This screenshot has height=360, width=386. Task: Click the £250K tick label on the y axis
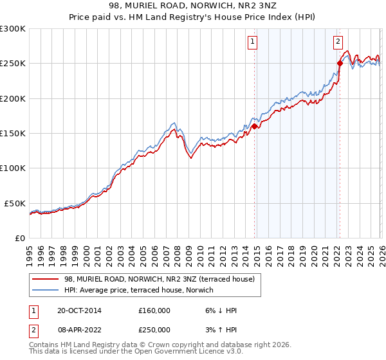point(13,64)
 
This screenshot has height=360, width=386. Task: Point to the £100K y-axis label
point(13,168)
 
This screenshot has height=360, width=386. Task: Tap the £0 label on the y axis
point(20,238)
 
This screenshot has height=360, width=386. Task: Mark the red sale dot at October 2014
point(254,127)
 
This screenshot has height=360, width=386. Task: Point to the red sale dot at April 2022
point(339,64)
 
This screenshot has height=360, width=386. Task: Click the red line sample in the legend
point(46,279)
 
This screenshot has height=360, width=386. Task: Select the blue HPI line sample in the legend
point(46,290)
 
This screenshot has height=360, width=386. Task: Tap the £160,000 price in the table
point(154,310)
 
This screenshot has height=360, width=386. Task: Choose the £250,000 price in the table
point(154,329)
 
